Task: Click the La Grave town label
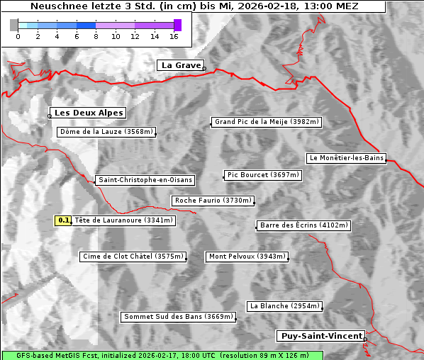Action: pos(182,65)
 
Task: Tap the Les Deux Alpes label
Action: pos(89,113)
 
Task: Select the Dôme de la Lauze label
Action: pos(106,132)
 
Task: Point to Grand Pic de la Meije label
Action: pos(267,122)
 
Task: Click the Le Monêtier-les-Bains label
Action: pos(346,158)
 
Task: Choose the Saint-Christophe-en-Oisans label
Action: pos(145,180)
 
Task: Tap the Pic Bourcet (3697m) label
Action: pos(262,175)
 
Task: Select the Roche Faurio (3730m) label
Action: pos(213,201)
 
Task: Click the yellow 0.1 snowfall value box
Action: pos(64,220)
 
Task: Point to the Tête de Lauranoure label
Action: pos(123,220)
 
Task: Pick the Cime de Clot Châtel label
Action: pos(133,257)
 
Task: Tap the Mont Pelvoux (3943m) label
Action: pos(247,257)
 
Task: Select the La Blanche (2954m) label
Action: pos(285,306)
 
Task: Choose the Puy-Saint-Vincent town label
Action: pos(322,336)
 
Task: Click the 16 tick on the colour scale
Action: pos(174,35)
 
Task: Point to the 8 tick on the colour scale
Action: pos(96,35)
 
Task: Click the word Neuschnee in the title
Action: pos(57,6)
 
